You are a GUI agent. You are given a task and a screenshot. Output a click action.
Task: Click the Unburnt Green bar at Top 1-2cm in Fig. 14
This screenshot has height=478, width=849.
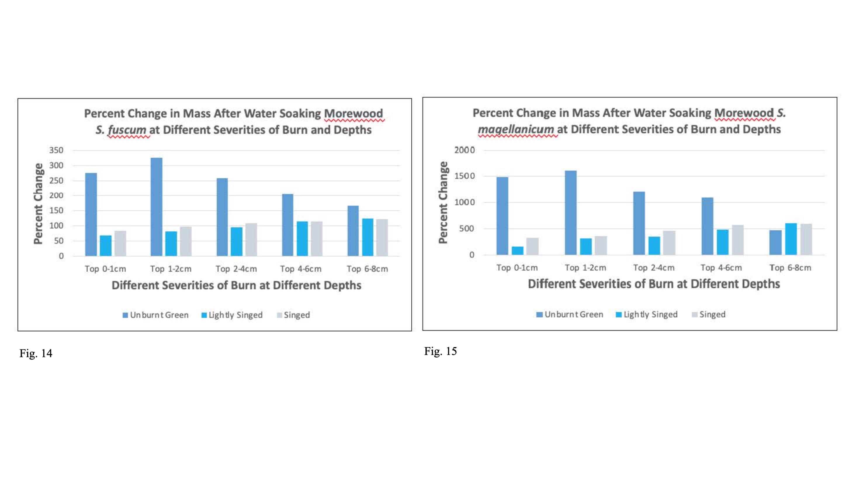(157, 207)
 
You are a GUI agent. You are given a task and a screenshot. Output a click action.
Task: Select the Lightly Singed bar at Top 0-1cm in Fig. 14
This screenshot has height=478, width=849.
(106, 246)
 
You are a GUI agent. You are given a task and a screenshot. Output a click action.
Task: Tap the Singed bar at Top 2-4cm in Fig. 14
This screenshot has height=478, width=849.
(251, 240)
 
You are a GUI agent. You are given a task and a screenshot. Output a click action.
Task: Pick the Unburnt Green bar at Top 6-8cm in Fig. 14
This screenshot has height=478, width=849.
(353, 231)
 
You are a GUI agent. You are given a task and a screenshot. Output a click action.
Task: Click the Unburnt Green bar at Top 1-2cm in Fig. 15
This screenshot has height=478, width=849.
(571, 213)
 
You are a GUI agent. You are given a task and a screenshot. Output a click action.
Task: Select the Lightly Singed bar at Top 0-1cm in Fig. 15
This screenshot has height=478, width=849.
(517, 250)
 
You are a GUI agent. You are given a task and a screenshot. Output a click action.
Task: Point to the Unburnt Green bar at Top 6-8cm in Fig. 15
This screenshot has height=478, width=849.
(775, 242)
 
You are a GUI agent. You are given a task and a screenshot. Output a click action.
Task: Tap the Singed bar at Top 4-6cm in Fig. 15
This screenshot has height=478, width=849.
(738, 240)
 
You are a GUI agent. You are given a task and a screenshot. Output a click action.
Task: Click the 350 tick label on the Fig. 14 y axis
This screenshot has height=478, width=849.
(56, 150)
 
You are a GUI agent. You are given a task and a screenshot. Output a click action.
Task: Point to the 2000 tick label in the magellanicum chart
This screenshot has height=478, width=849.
(465, 150)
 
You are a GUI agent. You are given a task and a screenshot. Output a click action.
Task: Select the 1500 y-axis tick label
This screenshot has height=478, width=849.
(465, 176)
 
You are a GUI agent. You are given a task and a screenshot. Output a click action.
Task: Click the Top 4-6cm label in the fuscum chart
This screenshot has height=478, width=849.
(301, 269)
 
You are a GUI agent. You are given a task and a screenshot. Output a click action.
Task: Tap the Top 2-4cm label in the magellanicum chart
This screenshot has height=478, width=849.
(654, 268)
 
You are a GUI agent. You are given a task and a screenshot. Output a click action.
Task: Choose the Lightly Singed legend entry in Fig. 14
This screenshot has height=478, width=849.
(232, 315)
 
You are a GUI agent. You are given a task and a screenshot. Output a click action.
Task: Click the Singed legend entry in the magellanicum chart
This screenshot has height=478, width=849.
(708, 314)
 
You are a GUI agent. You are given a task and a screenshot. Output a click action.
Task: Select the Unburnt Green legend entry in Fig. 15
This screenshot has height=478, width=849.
(570, 314)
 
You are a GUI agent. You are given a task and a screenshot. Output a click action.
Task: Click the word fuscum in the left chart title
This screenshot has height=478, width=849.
(127, 130)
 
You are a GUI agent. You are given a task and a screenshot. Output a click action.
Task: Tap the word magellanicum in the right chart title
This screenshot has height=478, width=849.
(516, 129)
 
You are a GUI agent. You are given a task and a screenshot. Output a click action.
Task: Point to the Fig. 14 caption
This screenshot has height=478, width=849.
(36, 354)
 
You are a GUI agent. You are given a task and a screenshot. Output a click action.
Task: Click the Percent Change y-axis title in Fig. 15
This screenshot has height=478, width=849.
(443, 202)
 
